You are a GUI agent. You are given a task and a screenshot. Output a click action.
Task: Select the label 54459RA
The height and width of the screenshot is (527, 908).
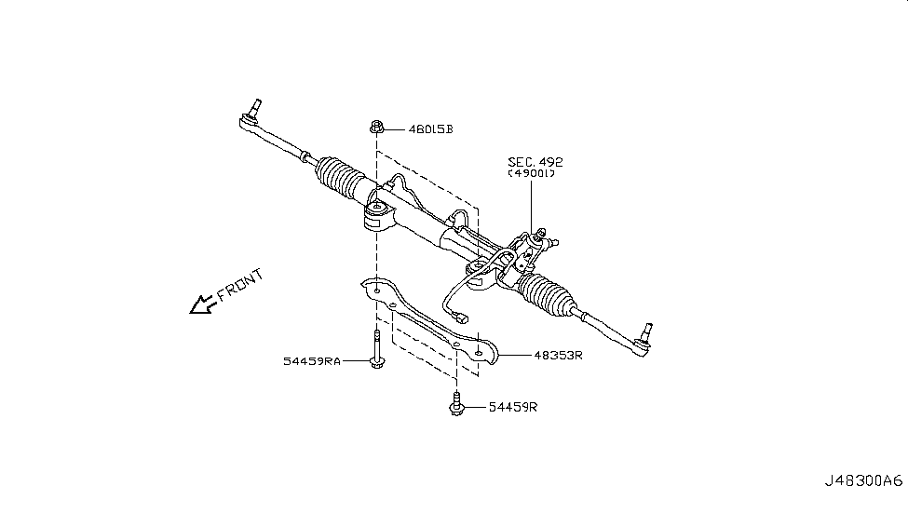[312, 360]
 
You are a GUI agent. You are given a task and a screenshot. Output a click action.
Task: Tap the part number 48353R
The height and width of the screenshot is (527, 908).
[558, 355]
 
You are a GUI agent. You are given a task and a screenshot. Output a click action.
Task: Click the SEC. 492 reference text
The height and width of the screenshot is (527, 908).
[535, 162]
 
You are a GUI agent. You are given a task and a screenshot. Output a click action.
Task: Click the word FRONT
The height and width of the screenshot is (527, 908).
[241, 286]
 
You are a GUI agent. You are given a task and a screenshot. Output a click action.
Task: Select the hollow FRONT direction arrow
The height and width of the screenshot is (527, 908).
[200, 304]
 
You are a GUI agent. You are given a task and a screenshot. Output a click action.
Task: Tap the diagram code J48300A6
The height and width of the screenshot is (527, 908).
[863, 480]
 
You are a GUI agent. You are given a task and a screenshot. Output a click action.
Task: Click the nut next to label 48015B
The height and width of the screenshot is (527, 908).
[376, 126]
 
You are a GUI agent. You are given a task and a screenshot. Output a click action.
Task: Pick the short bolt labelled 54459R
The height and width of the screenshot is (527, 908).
[457, 404]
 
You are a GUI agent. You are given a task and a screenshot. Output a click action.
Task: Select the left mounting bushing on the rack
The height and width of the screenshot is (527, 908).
[379, 216]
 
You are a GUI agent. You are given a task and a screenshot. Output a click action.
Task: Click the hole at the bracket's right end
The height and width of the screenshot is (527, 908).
[479, 352]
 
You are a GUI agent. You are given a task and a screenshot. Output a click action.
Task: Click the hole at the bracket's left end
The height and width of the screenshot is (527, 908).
[375, 291]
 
